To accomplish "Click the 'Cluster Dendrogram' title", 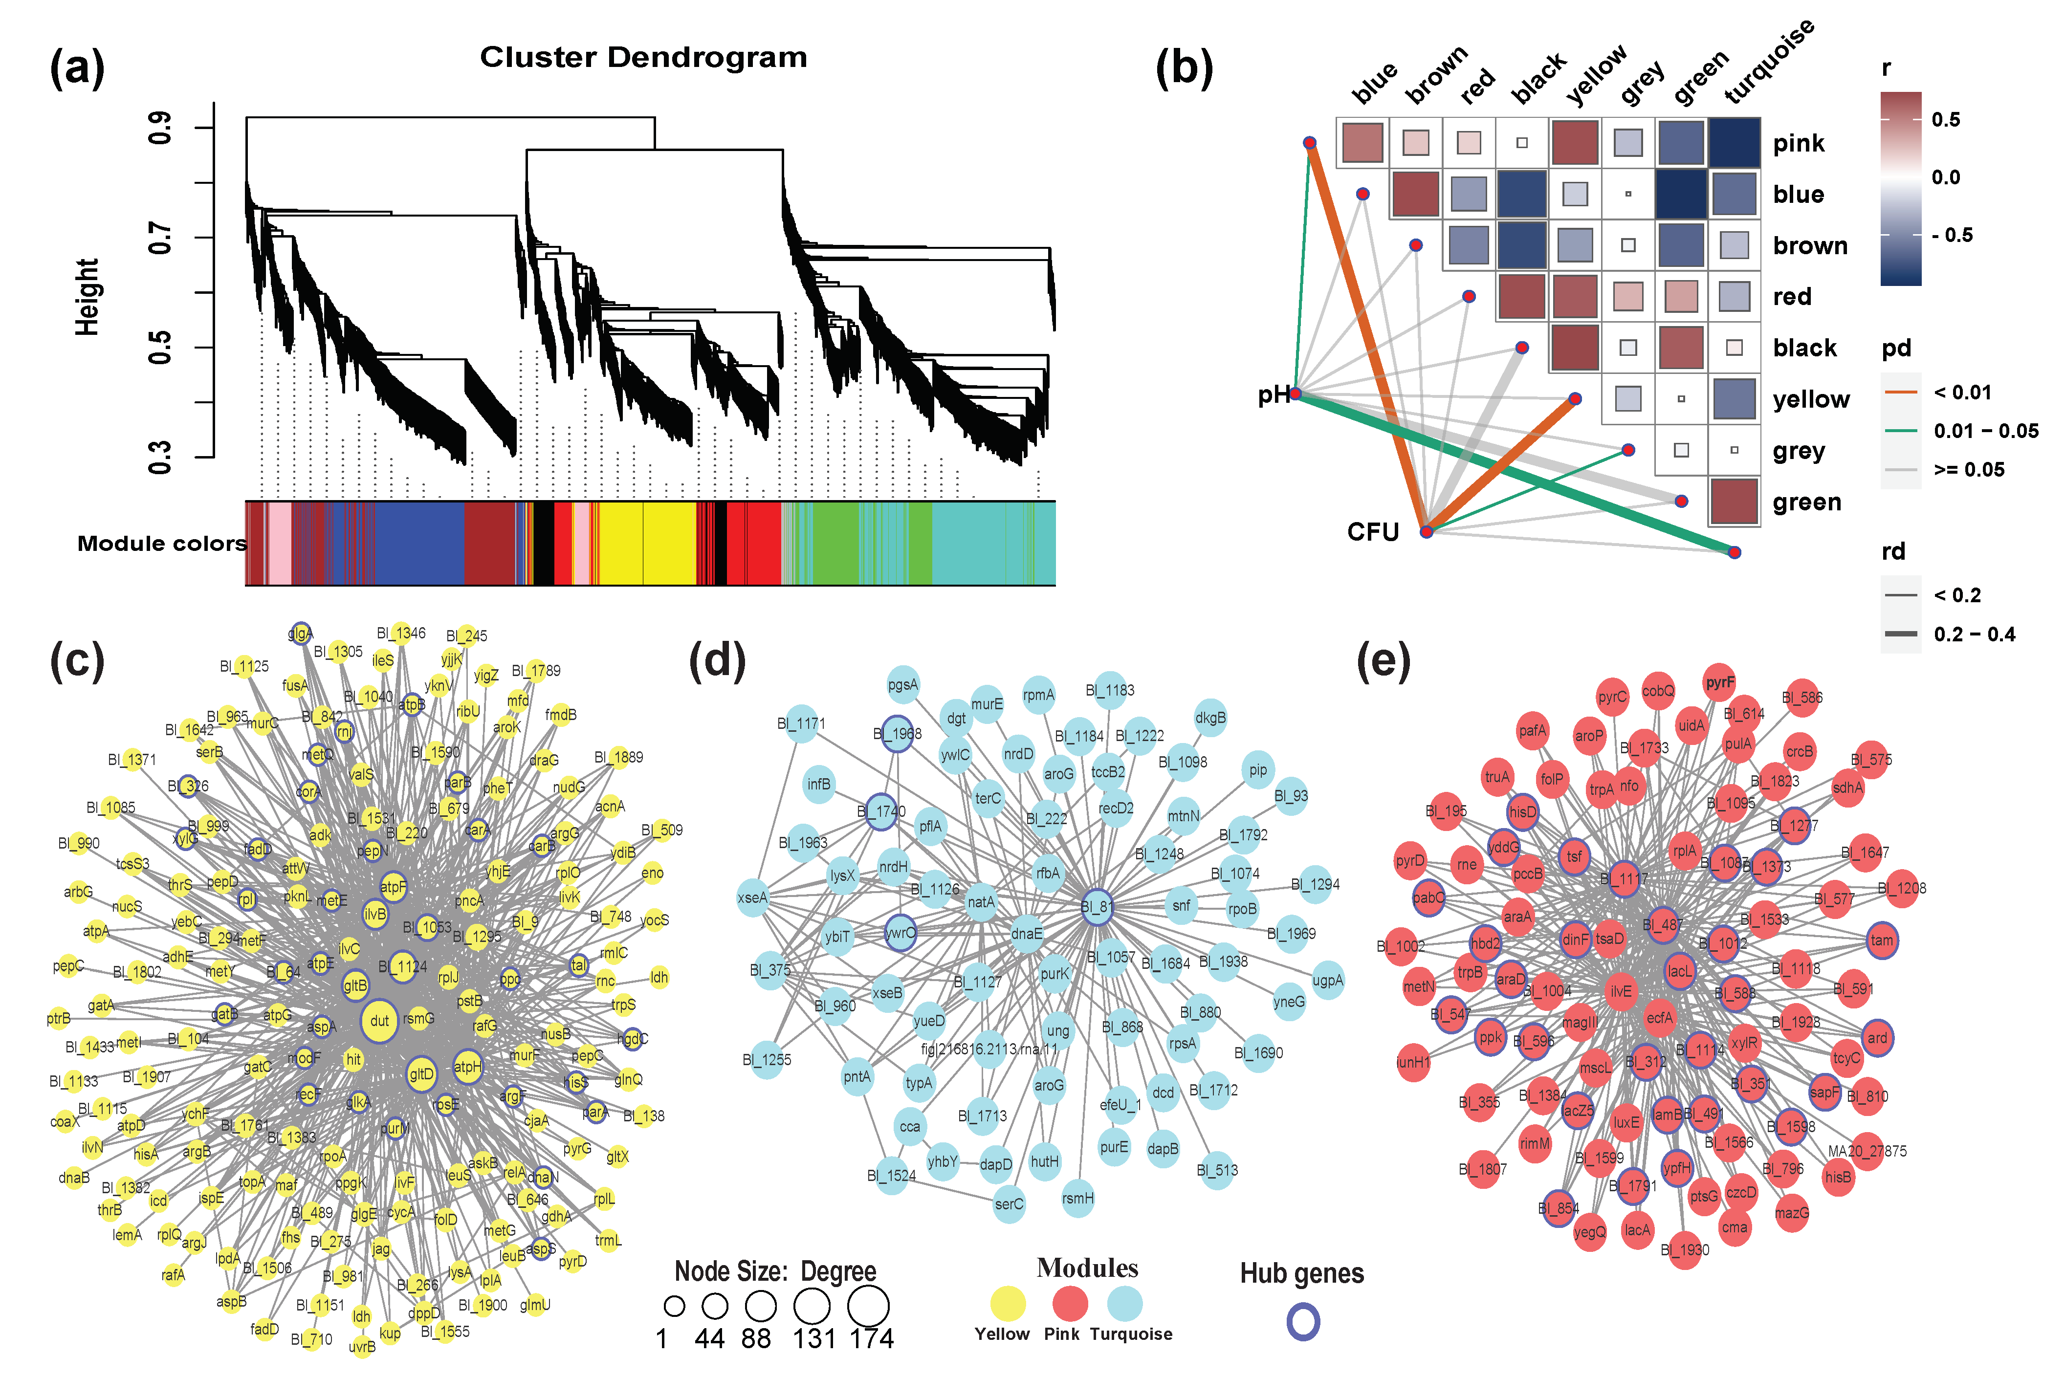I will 643,58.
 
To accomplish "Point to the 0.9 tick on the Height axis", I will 160,128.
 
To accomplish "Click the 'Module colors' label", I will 162,544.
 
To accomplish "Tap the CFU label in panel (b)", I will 1373,532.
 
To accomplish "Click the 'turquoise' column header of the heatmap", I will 1768,62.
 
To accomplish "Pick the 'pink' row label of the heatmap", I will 1798,143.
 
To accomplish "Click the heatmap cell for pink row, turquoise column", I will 1734,142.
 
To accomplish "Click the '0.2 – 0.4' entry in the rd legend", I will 1974,634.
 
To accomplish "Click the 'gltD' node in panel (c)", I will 422,1074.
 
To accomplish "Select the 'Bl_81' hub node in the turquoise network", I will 1097,907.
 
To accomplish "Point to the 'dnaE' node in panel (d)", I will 1026,933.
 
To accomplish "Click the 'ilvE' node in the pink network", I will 1620,991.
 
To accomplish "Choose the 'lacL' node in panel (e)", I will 1679,971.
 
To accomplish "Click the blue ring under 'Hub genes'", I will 1303,1322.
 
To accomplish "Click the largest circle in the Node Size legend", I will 868,1307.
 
